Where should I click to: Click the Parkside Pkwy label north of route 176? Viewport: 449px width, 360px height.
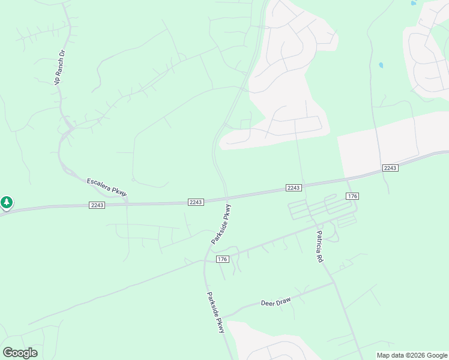[221, 224]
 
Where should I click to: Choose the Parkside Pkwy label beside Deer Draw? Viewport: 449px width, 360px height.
[215, 313]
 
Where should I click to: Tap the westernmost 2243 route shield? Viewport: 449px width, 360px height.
[97, 205]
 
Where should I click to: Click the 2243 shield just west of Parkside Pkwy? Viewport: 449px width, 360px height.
[196, 202]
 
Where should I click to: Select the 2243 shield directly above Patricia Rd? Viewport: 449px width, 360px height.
[293, 188]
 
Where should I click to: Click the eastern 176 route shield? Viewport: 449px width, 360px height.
[352, 196]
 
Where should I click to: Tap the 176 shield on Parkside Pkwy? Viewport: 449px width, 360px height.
[222, 259]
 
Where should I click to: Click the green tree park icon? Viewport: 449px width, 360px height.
[7, 203]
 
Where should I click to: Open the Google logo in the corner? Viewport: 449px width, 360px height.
[20, 353]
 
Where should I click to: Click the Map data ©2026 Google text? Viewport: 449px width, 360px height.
[411, 355]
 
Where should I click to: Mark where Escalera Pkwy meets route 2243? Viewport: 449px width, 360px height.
[127, 203]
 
